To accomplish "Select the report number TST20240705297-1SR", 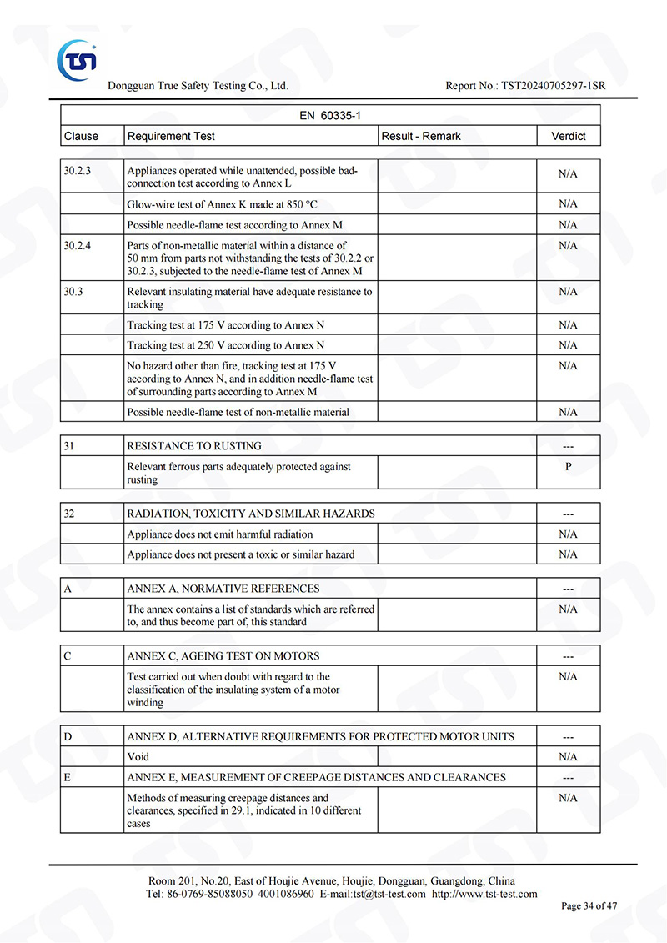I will coord(553,86).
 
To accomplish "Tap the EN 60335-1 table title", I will coord(330,115).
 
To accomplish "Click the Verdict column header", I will coord(569,136).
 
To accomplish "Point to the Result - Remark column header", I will coord(421,136).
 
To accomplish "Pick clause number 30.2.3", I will coord(78,171).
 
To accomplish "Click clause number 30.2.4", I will coord(78,246).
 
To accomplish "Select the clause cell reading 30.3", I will coord(73,292).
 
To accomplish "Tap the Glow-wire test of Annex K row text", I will coord(223,204).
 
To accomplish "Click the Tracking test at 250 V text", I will coord(226,345).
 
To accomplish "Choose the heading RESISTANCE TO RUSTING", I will coord(194,446).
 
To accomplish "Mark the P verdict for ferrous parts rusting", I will coord(569,467).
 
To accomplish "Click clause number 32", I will coord(70,514).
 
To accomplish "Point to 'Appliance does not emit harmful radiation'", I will coord(220,534).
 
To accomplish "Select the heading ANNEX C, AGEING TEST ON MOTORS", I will coord(223,656).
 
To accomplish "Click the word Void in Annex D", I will coord(138,757).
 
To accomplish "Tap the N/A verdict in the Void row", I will coord(569,757).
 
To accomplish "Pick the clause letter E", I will coord(68,777).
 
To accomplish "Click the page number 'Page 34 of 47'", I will coord(589,906).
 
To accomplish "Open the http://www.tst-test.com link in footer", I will coord(484,894).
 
